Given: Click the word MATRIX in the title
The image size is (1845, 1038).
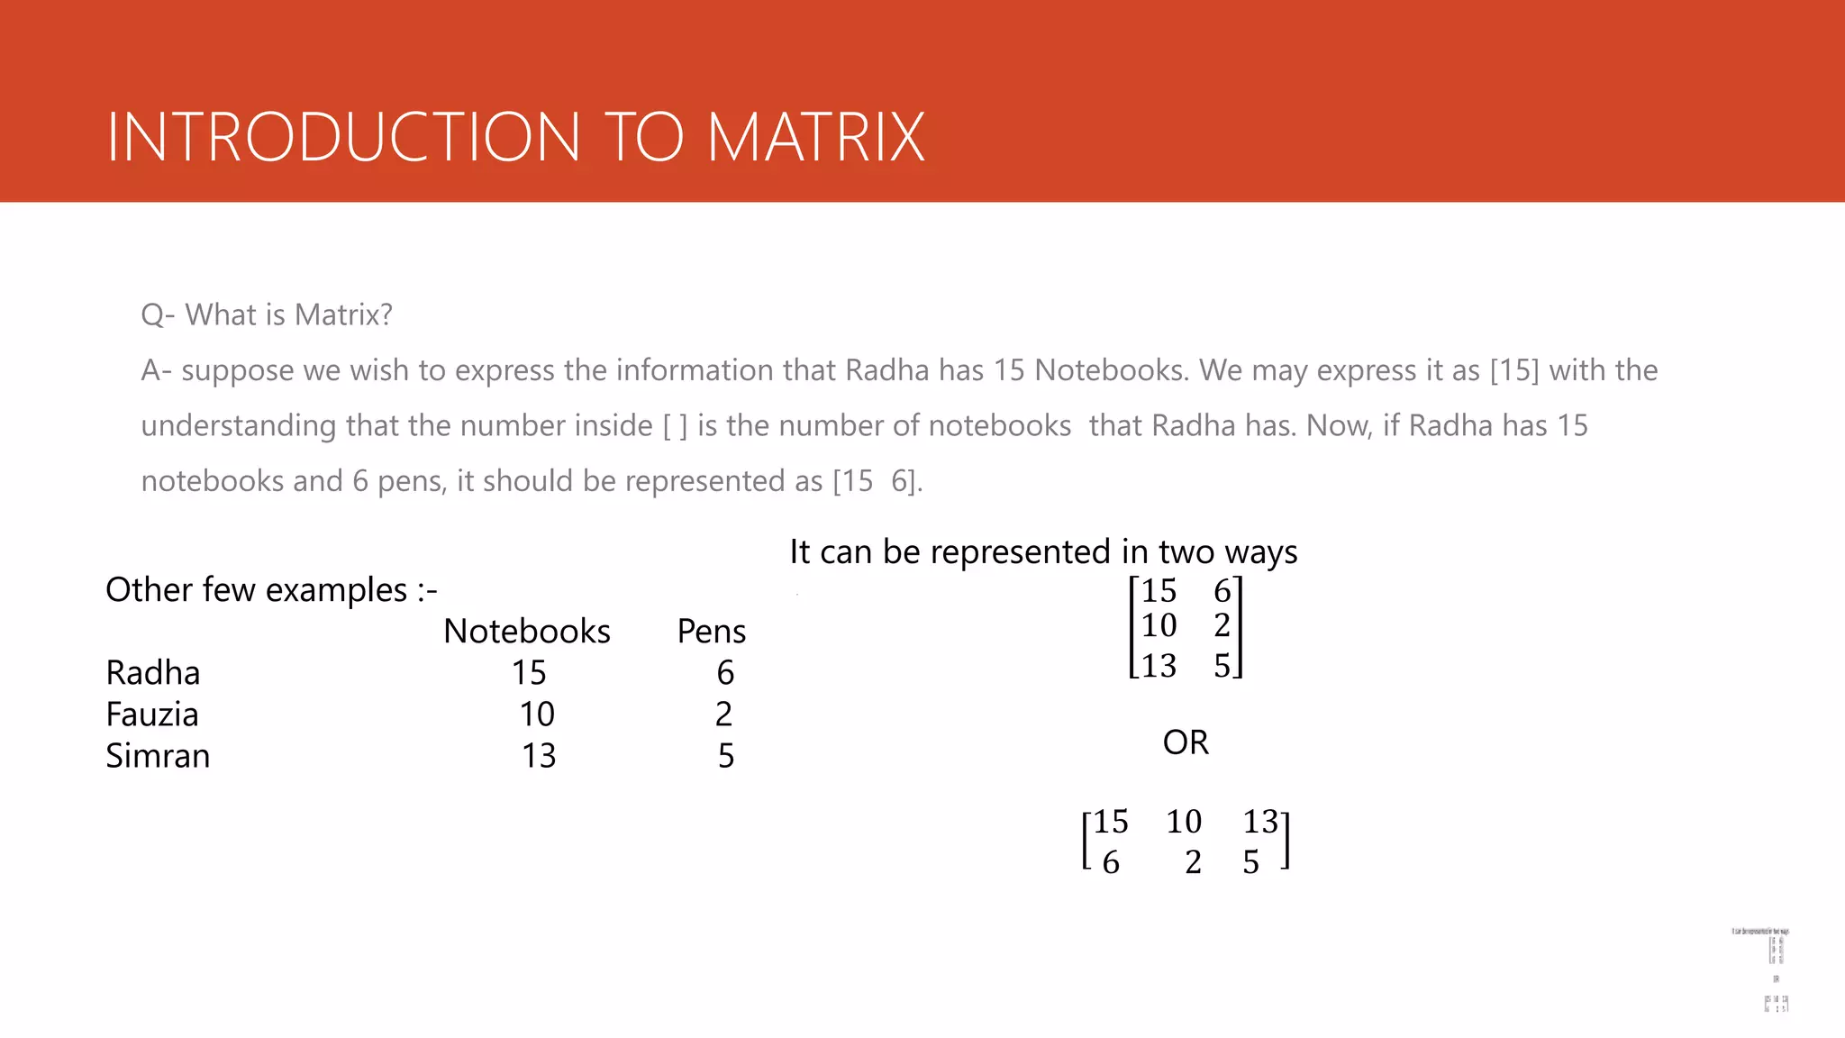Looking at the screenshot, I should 815,137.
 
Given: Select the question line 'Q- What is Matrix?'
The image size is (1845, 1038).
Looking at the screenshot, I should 267,314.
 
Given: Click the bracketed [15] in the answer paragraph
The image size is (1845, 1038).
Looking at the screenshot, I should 1514,370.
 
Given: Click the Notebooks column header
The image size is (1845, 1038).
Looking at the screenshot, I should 527,631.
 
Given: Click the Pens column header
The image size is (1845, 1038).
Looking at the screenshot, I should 711,631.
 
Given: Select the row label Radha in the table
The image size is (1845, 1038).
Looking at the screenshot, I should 153,673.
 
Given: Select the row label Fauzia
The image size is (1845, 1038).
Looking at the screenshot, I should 152,715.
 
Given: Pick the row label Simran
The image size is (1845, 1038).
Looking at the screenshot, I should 158,756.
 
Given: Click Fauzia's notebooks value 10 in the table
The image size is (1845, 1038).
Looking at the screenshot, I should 537,715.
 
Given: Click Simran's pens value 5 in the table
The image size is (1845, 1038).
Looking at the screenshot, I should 726,756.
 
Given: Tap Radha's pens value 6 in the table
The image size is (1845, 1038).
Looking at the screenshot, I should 725,673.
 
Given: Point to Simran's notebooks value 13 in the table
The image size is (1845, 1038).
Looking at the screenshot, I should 539,756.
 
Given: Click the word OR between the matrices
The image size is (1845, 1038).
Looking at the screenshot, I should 1186,742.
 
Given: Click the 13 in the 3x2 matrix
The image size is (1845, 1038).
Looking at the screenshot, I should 1159,666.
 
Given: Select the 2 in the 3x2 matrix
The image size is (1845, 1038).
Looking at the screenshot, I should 1222,625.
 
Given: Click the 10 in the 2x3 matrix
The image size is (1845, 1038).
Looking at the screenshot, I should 1184,822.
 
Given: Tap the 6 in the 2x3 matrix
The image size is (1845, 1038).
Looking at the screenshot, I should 1111,862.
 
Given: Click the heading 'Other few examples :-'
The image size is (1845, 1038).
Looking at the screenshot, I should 271,590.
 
